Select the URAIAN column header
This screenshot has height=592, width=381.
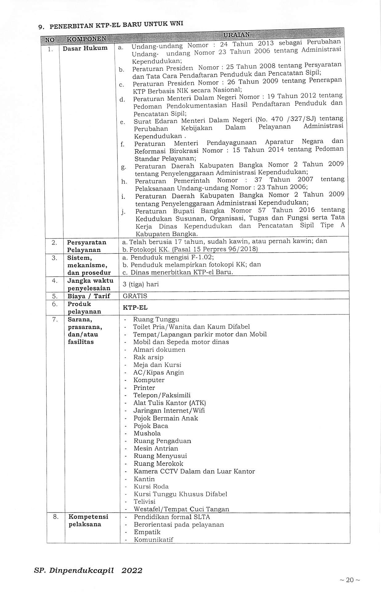(x=236, y=35)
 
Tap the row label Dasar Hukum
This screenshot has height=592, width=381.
(x=85, y=48)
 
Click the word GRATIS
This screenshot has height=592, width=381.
(x=135, y=296)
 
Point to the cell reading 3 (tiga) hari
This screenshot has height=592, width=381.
(x=141, y=284)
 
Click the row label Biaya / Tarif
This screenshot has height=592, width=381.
(x=89, y=296)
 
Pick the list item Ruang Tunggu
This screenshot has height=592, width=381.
(x=156, y=319)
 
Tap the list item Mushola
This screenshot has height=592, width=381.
(x=147, y=433)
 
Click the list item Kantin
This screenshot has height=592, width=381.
(x=144, y=479)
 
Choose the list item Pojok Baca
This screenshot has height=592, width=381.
(x=151, y=426)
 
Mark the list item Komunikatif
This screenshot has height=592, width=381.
(x=153, y=540)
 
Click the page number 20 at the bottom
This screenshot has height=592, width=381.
(x=350, y=580)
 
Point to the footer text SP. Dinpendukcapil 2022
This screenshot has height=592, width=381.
(x=88, y=570)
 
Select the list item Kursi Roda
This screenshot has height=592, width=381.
(x=151, y=487)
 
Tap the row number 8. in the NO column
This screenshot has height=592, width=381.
(x=55, y=517)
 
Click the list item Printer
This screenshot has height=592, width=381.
(x=144, y=388)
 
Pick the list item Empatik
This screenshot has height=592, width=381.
(x=147, y=532)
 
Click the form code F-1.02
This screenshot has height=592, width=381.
(x=202, y=257)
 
